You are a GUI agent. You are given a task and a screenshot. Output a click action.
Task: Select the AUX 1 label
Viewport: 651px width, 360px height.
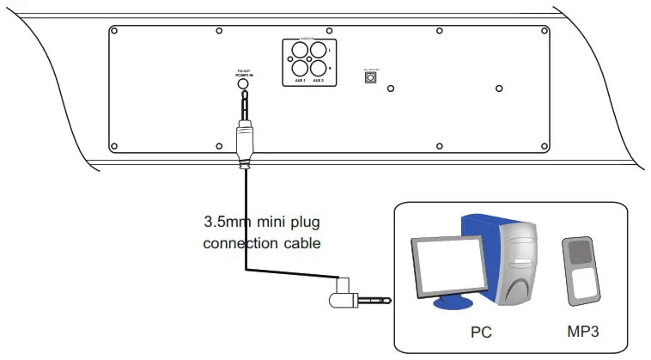299,81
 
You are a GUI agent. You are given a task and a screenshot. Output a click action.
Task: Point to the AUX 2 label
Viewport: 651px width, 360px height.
318,81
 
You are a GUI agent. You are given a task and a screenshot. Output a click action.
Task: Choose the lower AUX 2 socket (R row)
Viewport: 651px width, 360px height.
319,68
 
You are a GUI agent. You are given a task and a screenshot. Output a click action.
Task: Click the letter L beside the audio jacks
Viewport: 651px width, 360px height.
331,52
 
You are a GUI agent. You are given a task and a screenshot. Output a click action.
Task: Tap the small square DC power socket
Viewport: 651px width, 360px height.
371,77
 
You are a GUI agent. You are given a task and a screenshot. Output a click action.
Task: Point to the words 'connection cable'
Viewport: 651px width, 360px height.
261,243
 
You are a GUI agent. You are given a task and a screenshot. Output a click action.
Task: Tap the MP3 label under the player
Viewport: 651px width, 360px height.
581,329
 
